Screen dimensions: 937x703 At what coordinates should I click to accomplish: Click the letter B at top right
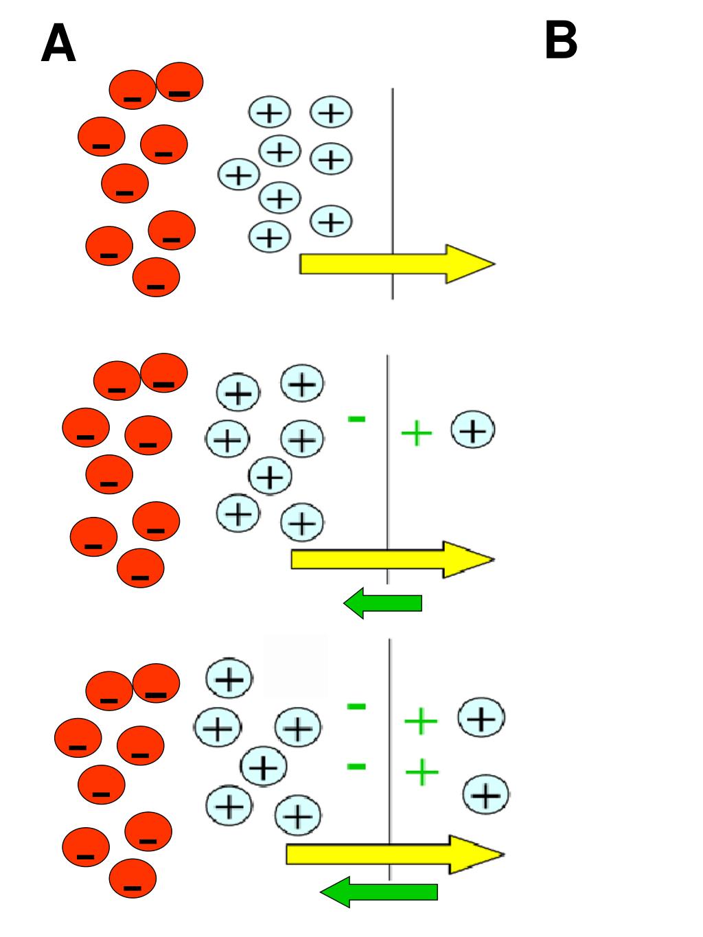pos(560,41)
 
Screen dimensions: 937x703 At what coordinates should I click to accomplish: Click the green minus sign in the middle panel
pos(356,417)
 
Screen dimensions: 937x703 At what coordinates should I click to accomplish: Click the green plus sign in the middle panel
pos(416,433)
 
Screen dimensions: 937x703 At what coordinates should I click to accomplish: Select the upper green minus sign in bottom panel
pos(356,706)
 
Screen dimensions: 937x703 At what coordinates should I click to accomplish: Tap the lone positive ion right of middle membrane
pos(473,430)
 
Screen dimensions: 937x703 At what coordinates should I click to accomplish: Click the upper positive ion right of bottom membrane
pos(481,719)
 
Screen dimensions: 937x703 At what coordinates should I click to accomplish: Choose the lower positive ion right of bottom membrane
pos(486,796)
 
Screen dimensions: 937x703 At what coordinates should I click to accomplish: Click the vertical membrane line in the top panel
pos(392,172)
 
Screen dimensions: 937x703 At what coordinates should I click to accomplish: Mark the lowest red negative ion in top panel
pos(156,277)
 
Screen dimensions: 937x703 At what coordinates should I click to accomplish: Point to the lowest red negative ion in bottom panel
pos(132,879)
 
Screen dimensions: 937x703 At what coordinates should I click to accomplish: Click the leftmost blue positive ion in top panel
pos(238,176)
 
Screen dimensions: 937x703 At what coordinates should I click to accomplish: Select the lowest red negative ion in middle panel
pos(141,568)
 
